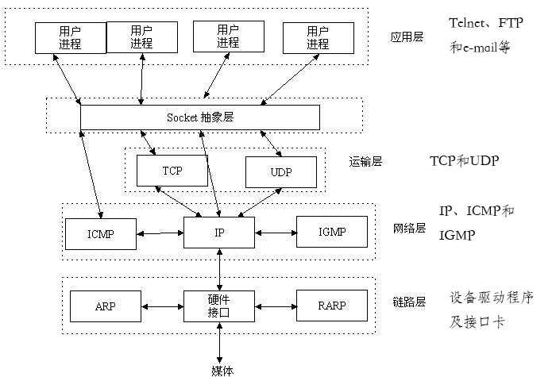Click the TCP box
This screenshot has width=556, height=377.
point(172,171)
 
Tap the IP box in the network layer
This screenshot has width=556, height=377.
point(218,233)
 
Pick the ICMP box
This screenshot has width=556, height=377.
point(101,233)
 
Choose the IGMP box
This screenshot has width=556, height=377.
point(332,232)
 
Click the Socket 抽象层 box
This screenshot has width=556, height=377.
point(200,117)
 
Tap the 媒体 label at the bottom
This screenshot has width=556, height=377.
point(222,370)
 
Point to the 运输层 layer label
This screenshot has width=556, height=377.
point(365,161)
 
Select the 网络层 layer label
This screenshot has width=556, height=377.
point(409,229)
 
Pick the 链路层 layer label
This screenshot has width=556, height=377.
point(409,302)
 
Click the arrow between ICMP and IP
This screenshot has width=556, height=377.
point(160,233)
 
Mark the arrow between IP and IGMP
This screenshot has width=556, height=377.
point(275,233)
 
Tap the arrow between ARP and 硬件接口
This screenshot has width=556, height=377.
point(163,306)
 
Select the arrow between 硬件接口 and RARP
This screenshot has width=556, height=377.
point(275,306)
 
